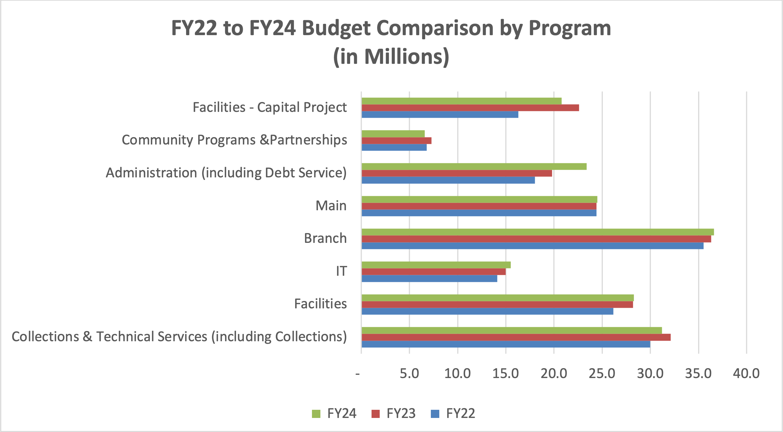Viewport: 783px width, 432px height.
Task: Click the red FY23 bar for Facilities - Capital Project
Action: tap(470, 108)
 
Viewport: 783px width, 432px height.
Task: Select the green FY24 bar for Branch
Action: tap(537, 232)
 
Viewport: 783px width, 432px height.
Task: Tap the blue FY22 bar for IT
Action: tap(429, 279)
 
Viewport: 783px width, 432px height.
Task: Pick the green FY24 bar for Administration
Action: tap(474, 167)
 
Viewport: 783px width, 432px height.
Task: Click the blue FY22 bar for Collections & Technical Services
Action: tap(506, 344)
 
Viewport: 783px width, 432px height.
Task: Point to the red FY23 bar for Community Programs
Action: tap(396, 141)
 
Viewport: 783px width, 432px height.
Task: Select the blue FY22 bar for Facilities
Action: tap(487, 311)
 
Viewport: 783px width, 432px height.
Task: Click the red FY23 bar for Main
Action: tap(479, 206)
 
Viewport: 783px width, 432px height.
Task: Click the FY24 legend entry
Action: tap(334, 413)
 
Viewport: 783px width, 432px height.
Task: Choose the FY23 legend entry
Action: tap(394, 413)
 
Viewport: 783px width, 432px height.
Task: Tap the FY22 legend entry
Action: tap(453, 413)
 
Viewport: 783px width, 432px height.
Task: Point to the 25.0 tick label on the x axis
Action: tap(602, 374)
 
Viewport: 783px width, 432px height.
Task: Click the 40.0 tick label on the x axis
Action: tap(746, 374)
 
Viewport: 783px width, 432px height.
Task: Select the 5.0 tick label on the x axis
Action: tap(409, 374)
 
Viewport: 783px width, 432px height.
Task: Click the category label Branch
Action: tap(325, 238)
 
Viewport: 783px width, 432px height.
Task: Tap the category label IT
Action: tap(341, 271)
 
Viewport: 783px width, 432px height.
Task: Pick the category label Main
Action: tap(331, 206)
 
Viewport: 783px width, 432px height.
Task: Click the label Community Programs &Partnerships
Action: tap(234, 140)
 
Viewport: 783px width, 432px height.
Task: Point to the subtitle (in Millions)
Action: tap(391, 57)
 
